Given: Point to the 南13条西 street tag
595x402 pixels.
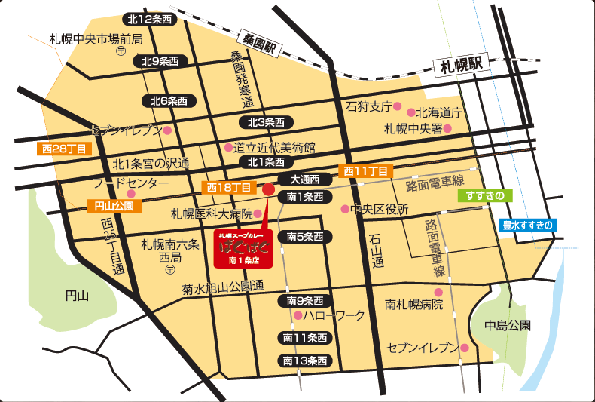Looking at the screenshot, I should click(x=304, y=360).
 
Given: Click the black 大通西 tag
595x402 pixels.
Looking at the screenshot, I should click(x=304, y=180).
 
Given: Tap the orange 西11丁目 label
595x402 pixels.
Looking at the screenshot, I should click(x=365, y=171).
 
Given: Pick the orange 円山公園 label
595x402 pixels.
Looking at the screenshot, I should click(x=113, y=206).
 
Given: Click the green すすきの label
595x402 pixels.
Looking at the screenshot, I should click(x=484, y=195).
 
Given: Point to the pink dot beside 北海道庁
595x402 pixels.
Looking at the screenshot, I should click(x=410, y=112).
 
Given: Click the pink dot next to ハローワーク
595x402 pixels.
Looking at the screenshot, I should click(x=298, y=315).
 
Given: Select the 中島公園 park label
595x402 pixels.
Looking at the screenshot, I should click(x=508, y=326).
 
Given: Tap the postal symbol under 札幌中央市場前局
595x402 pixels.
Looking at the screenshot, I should click(x=121, y=53).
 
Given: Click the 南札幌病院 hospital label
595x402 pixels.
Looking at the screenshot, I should click(x=413, y=305).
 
